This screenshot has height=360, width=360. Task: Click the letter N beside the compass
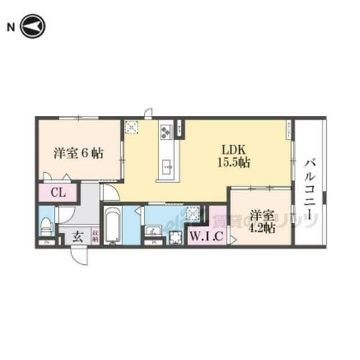11,27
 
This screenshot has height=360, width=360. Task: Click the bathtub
113,227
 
